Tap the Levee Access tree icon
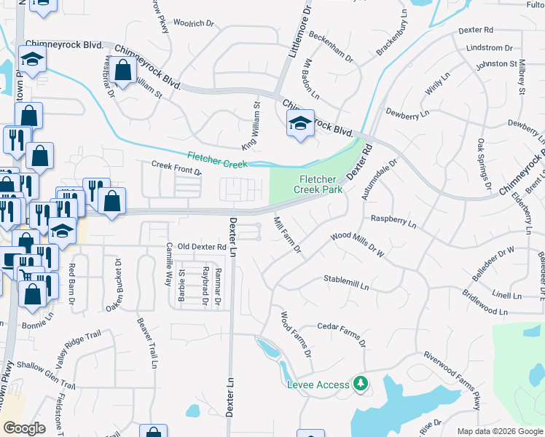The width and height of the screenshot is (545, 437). [x=359, y=382]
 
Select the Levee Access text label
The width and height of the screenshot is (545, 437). [x=318, y=385]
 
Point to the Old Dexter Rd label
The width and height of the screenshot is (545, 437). [x=203, y=247]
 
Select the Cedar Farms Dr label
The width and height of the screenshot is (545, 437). [x=340, y=333]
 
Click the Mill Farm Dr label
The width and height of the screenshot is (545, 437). [x=288, y=235]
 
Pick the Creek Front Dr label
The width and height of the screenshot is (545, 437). [x=176, y=168]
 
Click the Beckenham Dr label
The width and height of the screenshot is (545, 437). [x=331, y=44]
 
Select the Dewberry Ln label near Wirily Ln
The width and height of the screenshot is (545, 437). [x=407, y=113]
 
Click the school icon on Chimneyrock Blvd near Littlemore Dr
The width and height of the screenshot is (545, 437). [x=300, y=124]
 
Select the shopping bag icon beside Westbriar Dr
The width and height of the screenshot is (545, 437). [x=123, y=71]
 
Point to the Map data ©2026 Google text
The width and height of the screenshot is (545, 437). [x=500, y=431]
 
